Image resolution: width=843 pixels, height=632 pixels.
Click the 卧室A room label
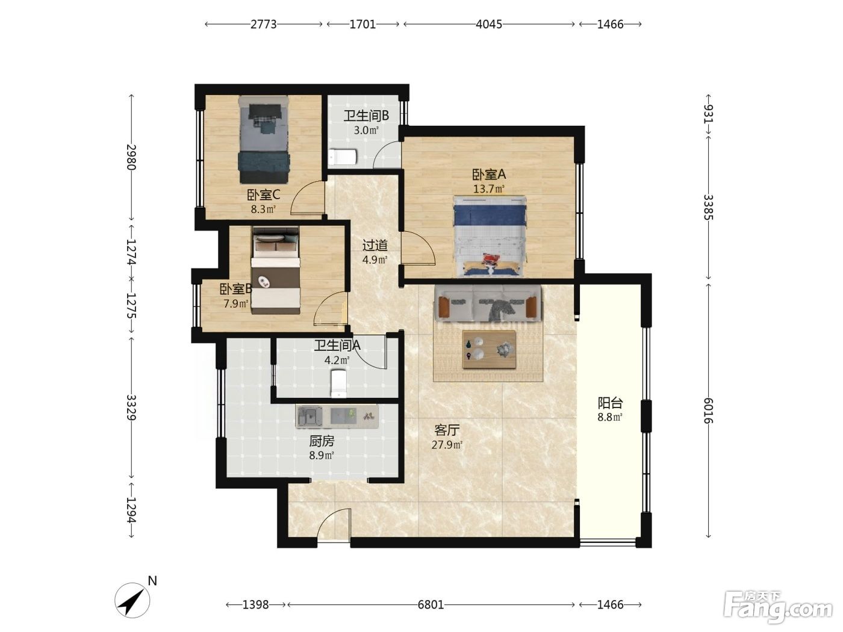click(x=488, y=175)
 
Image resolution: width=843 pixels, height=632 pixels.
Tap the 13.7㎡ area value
click(x=488, y=189)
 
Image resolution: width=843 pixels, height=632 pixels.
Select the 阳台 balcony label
click(x=610, y=403)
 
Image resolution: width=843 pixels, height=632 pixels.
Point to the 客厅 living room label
click(x=447, y=430)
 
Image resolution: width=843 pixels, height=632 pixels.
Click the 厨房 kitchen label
click(x=322, y=441)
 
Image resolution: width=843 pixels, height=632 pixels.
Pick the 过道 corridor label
click(x=375, y=245)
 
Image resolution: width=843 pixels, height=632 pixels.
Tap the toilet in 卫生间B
click(x=343, y=156)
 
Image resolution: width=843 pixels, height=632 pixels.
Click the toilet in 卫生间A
click(x=339, y=383)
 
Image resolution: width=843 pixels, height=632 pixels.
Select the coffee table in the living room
click(x=489, y=349)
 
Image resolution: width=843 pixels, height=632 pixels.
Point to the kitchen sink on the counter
click(x=308, y=417)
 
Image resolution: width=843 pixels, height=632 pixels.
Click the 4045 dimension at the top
click(x=488, y=25)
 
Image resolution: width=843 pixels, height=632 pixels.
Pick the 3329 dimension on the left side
click(x=132, y=407)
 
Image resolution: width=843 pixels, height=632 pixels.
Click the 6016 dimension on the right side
click(x=708, y=410)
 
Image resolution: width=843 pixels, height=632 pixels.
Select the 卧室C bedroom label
click(x=263, y=195)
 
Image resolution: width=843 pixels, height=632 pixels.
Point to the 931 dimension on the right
click(x=708, y=114)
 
